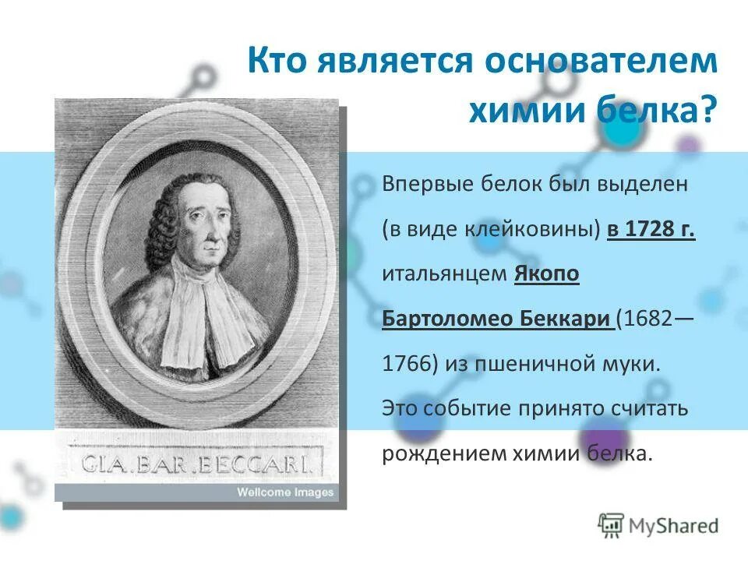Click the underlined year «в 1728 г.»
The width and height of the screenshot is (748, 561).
coord(651,230)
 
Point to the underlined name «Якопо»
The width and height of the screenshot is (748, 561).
coord(547,274)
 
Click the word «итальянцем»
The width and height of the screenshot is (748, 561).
coord(444,274)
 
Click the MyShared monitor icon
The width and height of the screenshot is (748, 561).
coord(612,525)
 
